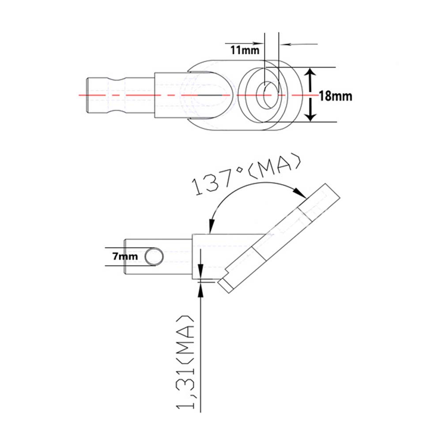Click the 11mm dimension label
coord(245,50)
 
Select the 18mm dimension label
coord(336,96)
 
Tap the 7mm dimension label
coord(125,256)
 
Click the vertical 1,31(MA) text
coord(185,362)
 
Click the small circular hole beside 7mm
coord(154,257)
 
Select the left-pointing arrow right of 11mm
coord(299,44)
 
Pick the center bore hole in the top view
coord(267,95)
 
